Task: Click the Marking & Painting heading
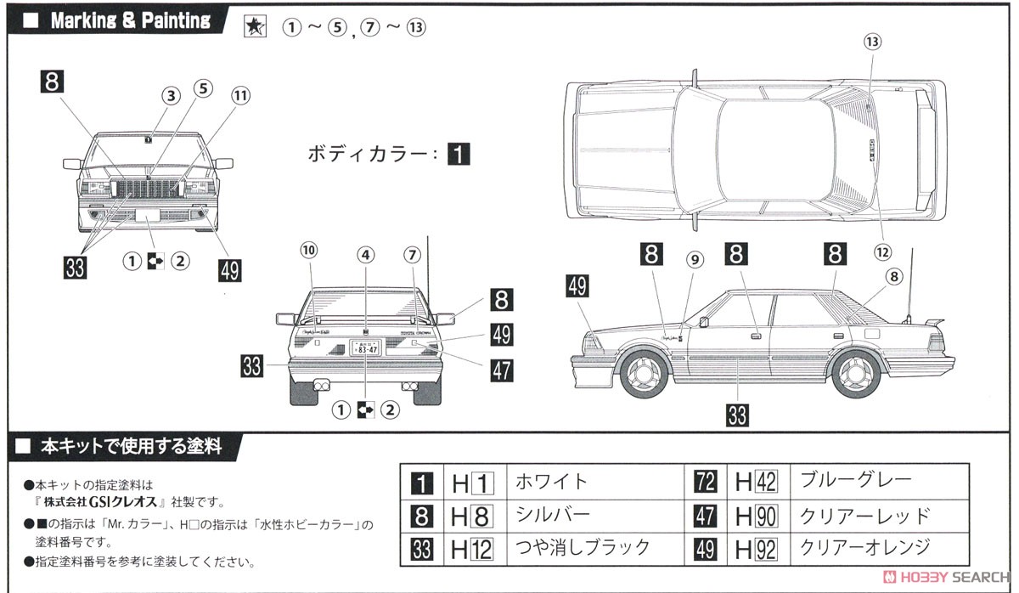[130, 20]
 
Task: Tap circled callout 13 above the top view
[873, 41]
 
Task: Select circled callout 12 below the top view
[883, 251]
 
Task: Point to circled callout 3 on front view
[172, 96]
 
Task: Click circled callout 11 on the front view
[240, 96]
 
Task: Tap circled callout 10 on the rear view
[307, 250]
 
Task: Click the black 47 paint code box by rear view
[501, 370]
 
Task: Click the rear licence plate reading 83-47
[365, 347]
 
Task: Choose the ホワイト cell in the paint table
[552, 482]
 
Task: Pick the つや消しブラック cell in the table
[582, 547]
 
